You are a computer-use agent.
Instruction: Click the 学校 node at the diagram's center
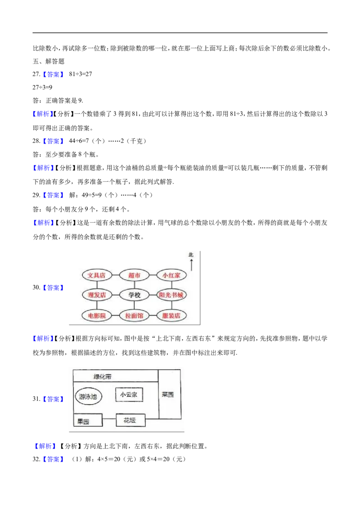tap(135, 295)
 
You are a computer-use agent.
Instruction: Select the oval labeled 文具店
tap(96, 275)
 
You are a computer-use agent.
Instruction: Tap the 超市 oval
tap(135, 275)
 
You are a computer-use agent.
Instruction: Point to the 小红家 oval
tap(171, 275)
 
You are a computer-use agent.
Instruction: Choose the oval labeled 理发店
tap(96, 295)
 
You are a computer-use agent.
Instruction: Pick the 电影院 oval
tap(96, 316)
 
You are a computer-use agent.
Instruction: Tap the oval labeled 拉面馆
tap(135, 316)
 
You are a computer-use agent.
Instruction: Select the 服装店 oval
tap(171, 316)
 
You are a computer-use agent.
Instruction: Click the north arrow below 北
tap(191, 265)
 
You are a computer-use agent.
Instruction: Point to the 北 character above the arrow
tap(191, 255)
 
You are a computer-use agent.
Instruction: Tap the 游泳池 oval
tap(88, 397)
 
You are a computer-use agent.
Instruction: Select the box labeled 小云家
tap(129, 395)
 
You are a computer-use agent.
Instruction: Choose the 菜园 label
tap(168, 394)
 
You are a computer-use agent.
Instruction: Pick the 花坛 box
tap(130, 420)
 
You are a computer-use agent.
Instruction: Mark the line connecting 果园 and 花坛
tap(109, 420)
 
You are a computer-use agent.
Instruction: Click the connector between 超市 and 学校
tap(135, 285)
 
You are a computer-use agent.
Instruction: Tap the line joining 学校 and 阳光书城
tap(153, 295)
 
